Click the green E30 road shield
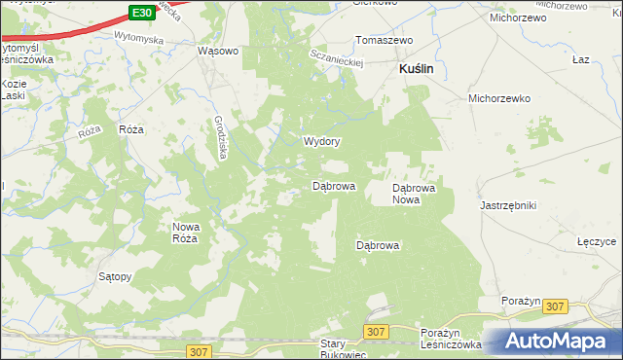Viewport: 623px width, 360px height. (x=141, y=12)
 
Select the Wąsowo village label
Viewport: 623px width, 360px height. (x=217, y=52)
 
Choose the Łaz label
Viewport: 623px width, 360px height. (x=582, y=60)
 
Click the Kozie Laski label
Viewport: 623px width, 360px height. (x=14, y=90)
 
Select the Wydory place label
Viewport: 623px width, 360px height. (x=321, y=141)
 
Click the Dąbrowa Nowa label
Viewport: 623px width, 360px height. (x=419, y=192)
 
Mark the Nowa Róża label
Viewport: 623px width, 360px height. (x=185, y=232)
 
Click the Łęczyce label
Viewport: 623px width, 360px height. (x=599, y=240)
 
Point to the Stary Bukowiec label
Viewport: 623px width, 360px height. (x=343, y=348)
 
